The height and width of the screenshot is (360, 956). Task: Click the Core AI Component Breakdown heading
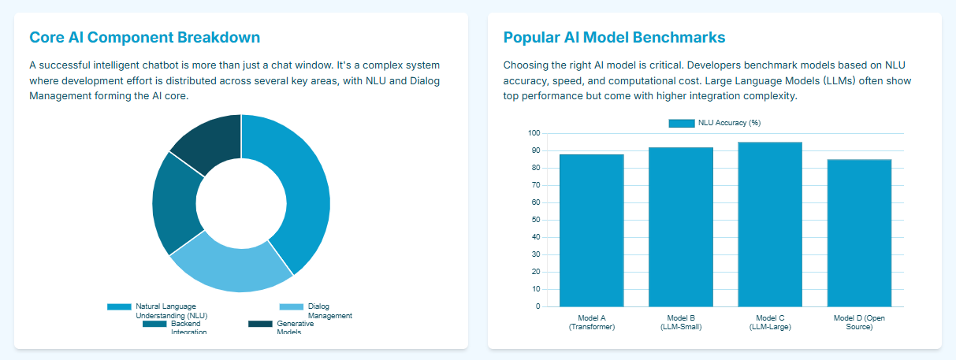pos(144,37)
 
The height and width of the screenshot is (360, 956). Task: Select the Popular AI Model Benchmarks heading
pos(614,37)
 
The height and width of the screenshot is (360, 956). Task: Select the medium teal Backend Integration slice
pos(175,205)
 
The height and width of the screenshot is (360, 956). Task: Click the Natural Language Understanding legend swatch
pos(119,306)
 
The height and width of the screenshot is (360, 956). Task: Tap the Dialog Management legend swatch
pos(291,306)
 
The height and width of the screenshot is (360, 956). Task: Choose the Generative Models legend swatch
pos(260,324)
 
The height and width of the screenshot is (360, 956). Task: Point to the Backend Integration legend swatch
pos(154,324)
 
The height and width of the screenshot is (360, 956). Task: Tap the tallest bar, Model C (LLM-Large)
pos(769,225)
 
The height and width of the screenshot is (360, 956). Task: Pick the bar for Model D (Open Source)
pos(859,233)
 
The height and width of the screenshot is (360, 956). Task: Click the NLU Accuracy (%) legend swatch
pos(681,123)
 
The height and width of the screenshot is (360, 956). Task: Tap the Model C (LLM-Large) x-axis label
pos(770,322)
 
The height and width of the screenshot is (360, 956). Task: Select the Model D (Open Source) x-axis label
pos(859,322)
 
